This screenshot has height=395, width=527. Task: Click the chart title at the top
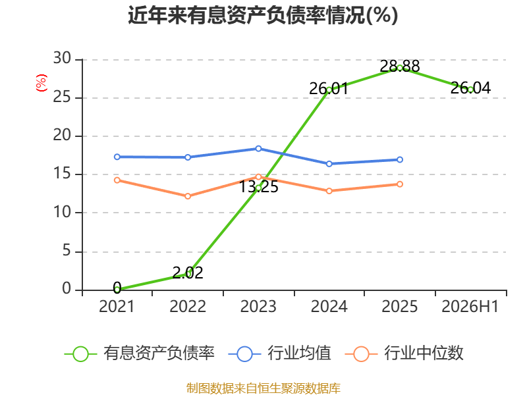[x=263, y=15]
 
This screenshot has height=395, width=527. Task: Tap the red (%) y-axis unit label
[x=42, y=83]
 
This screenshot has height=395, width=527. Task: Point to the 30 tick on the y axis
[x=62, y=59]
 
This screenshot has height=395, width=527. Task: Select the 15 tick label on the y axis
[x=62, y=174]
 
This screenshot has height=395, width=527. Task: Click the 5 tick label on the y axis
[x=67, y=251]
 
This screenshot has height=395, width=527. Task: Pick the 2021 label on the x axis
[x=117, y=306]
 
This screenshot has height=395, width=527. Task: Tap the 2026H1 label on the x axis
[x=470, y=306]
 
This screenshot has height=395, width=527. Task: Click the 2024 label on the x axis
[x=329, y=306]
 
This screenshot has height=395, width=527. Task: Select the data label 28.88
[x=400, y=66]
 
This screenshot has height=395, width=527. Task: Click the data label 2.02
[x=188, y=273]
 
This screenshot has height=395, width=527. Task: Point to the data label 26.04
[x=470, y=88]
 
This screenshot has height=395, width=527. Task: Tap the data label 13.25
[x=258, y=187]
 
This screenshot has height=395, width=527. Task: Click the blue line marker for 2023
[x=258, y=149]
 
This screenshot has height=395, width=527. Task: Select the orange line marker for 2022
[x=188, y=196]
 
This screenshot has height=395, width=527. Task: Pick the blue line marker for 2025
[x=400, y=159]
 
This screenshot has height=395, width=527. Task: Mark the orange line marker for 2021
[x=117, y=180]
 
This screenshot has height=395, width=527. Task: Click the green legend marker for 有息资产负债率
[x=80, y=354]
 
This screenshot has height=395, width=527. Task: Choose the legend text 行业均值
[x=299, y=353]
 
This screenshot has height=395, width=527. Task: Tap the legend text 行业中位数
[x=424, y=353]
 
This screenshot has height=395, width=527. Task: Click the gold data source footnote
[x=263, y=388]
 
